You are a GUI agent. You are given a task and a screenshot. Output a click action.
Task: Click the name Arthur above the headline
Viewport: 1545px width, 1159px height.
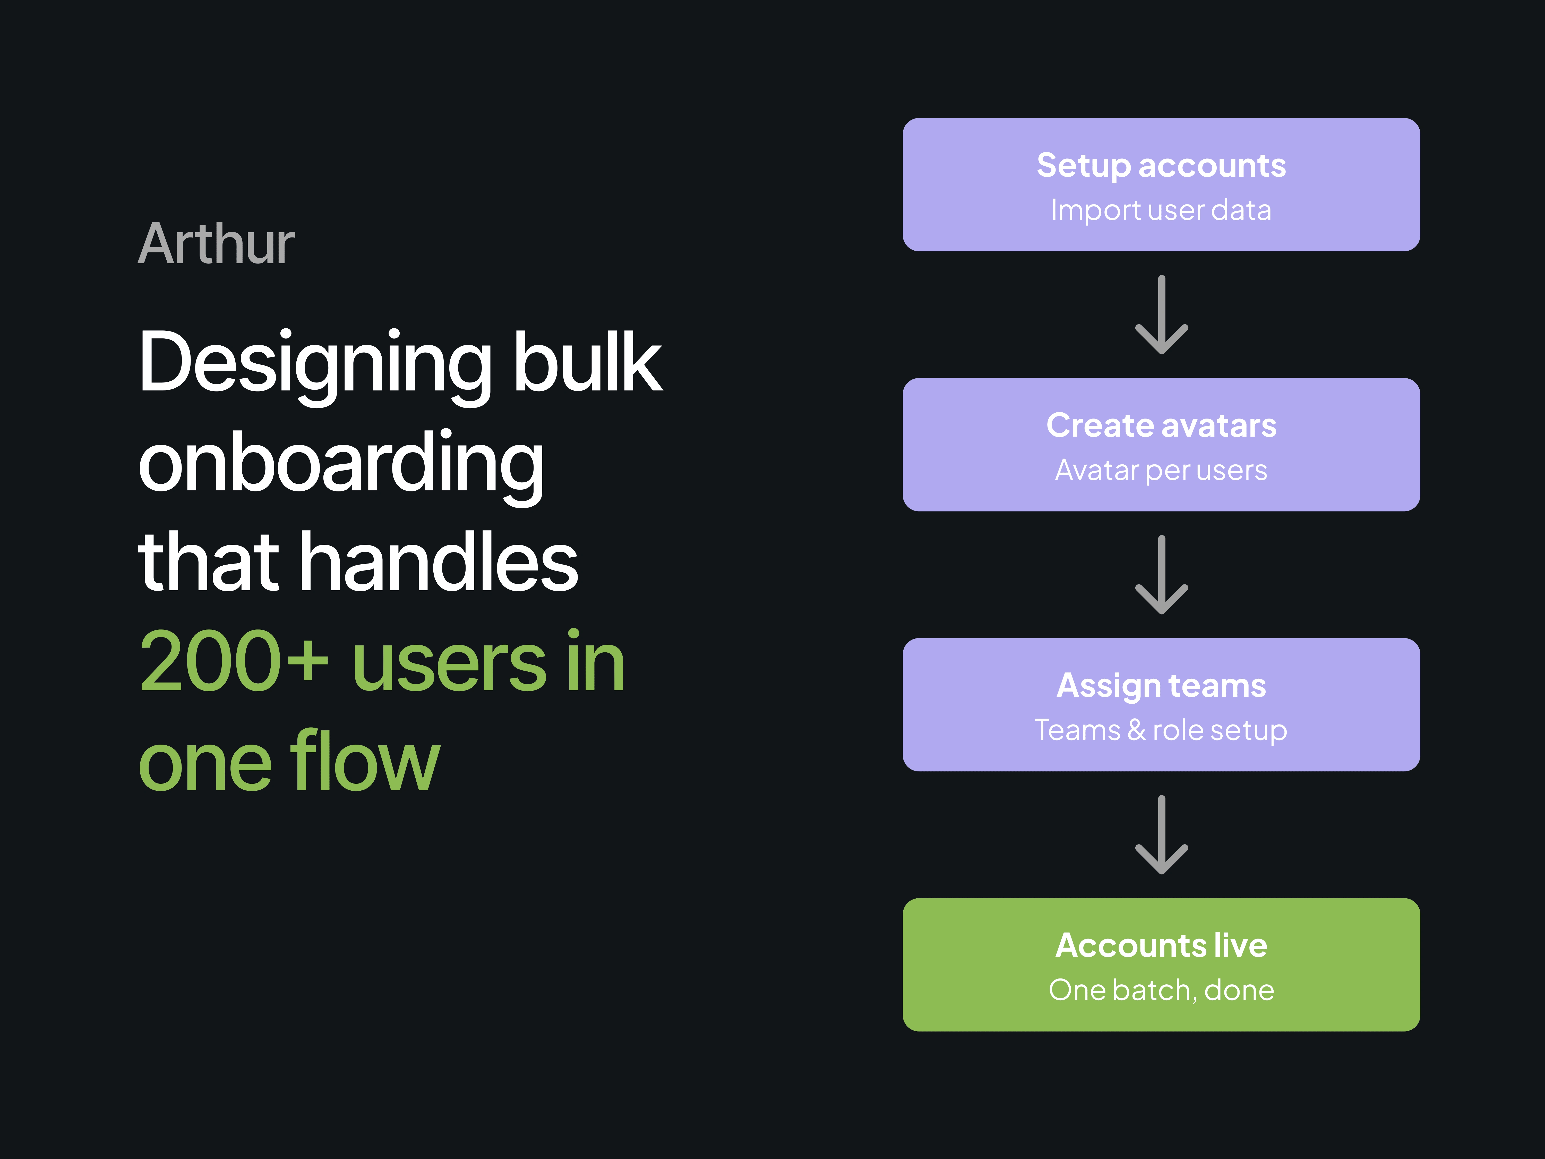coord(217,244)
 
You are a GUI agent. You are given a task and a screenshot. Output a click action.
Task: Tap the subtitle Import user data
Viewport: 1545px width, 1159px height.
coord(1161,210)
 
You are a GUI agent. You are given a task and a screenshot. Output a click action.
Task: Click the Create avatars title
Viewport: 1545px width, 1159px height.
coord(1161,425)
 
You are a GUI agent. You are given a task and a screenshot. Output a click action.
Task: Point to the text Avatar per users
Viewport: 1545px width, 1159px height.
coord(1161,470)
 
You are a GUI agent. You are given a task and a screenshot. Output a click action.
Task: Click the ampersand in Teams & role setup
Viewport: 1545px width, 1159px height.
coord(1136,730)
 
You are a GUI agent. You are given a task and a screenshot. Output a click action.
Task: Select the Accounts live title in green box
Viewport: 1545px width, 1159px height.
coord(1161,945)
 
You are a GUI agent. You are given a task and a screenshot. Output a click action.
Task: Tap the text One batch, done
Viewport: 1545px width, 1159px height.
coord(1161,990)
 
